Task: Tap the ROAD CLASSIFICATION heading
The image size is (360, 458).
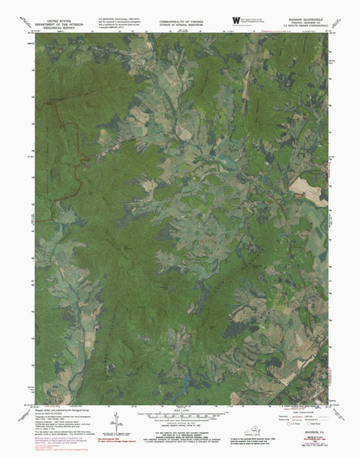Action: point(300,409)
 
